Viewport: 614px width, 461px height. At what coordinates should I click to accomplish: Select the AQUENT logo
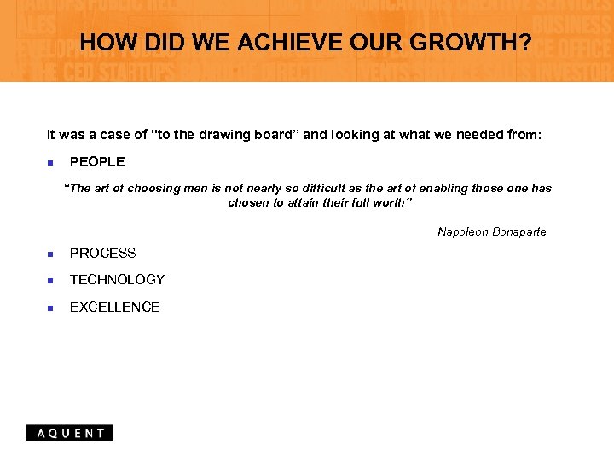70,433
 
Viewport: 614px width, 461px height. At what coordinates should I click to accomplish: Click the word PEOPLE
97,161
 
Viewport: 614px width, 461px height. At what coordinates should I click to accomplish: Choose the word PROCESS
103,253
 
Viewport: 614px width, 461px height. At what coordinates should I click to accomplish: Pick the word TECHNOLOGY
118,279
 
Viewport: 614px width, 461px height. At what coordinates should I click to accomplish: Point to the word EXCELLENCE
115,306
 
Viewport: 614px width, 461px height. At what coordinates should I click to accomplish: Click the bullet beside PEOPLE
50,162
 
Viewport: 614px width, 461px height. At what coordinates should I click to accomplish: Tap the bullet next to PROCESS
50,254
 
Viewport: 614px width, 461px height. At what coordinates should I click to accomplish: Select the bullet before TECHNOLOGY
50,280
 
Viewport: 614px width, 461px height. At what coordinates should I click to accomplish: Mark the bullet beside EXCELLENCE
50,307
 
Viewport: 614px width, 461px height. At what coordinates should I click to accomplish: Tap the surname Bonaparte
519,231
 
